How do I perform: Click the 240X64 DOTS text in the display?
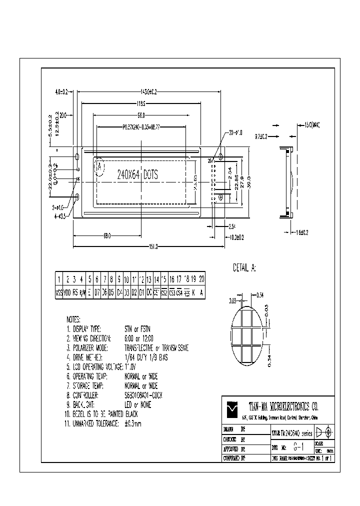point(137,175)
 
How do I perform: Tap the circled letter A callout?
point(100,166)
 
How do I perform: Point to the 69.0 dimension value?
point(106,236)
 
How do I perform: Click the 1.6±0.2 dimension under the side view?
point(301,232)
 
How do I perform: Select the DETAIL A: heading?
point(244,268)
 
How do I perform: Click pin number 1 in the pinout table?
point(59,279)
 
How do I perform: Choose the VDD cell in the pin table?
point(67,292)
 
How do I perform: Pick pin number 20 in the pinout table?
point(201,279)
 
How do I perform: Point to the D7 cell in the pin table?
point(97,292)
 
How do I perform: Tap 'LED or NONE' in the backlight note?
point(138,404)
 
